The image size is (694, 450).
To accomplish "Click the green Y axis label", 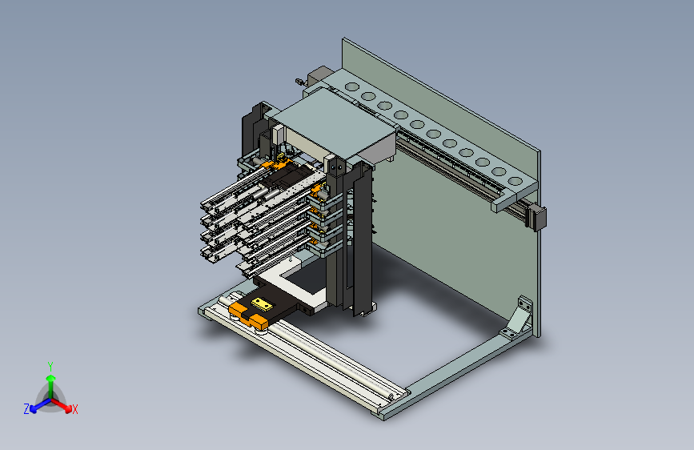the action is point(50,367).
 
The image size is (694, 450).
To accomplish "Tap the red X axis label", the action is point(74,410).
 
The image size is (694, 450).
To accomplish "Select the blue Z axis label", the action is point(26,409).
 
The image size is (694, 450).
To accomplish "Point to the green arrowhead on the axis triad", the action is point(51,378).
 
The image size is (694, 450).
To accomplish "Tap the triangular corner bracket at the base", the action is point(517,318).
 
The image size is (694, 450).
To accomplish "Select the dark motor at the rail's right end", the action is point(536,216).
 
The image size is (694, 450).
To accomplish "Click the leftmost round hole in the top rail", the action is point(352,86).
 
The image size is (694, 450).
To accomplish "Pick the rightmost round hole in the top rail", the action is point(515,181).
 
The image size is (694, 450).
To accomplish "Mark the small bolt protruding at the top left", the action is point(300,82).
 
